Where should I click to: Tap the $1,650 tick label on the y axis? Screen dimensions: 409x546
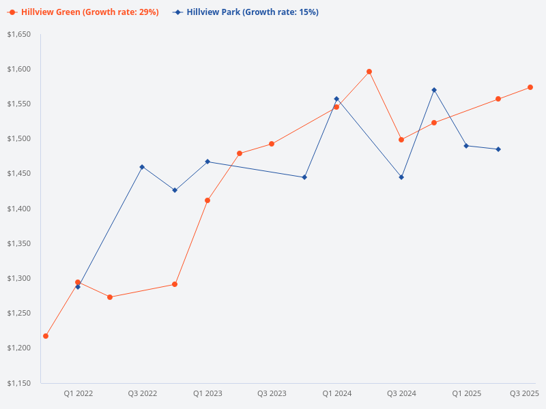tap(19, 34)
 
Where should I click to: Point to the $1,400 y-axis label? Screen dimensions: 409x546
tap(19, 209)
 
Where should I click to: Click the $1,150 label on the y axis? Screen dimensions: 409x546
tap(19, 383)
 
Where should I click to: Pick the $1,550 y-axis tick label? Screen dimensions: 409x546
tap(19, 104)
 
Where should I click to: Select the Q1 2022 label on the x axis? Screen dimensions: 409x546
tap(78, 393)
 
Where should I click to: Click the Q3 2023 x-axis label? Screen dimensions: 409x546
tap(272, 393)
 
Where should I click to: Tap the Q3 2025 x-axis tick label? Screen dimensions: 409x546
tap(524, 393)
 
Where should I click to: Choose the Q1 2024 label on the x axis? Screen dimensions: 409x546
tap(336, 393)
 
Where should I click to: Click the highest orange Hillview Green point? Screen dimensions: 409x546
tap(369, 72)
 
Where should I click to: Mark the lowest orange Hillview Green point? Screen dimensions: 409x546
tap(46, 336)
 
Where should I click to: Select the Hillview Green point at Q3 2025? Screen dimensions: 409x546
tap(530, 87)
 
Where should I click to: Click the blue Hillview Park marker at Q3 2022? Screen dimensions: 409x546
tap(142, 167)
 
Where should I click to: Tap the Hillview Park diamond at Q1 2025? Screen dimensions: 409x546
tap(466, 146)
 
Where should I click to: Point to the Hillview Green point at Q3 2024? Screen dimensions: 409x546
tap(401, 140)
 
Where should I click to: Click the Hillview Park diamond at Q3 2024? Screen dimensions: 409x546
tap(401, 177)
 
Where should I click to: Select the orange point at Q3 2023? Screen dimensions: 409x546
tap(272, 144)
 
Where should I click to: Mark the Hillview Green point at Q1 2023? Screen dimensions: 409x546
tap(207, 200)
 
